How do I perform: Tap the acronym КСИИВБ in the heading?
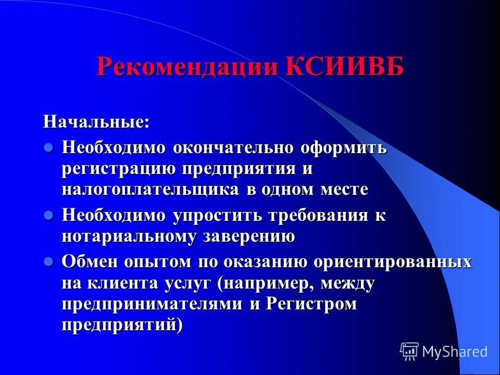tap(344, 67)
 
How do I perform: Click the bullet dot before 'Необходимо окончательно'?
tap(48, 147)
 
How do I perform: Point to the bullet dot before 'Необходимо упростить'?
tap(48, 215)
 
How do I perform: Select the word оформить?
tap(343, 148)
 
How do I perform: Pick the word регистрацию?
tap(119, 169)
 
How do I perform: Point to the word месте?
tap(343, 190)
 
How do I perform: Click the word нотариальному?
tap(130, 236)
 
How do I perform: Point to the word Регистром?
tap(311, 305)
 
